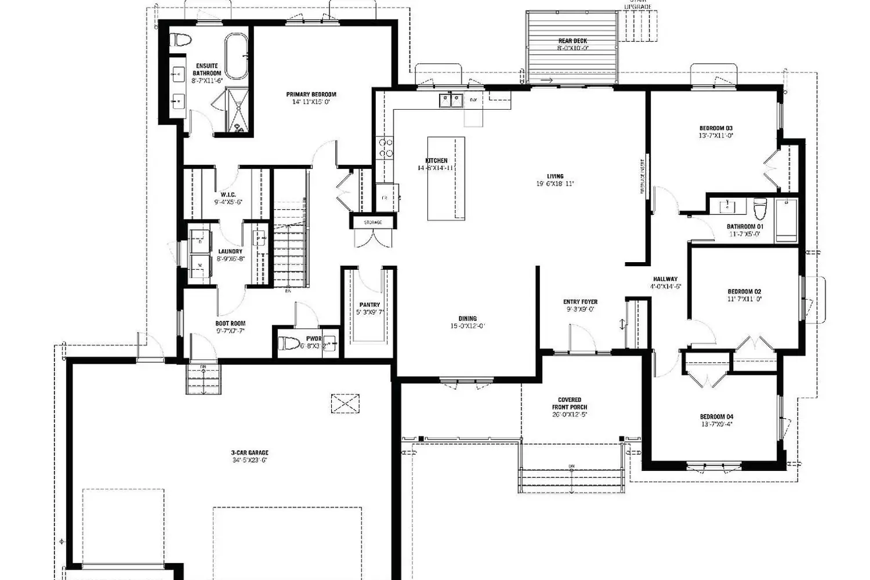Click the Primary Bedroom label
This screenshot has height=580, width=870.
pos(311,95)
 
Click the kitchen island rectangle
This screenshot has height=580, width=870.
pos(446,179)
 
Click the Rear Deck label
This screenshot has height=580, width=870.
pos(572,41)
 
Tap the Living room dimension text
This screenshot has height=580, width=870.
pos(555,184)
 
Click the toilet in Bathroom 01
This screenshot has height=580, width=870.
pos(759,207)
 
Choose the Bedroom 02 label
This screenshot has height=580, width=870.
pos(744,292)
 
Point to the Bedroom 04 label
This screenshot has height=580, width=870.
pos(716,417)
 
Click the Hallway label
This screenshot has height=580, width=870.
pos(665,279)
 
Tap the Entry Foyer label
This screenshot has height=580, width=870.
pos(580,302)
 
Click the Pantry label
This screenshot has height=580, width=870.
pos(369,305)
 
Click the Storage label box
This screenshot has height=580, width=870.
pos(373,223)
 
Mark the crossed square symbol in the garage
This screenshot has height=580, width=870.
pos(345,403)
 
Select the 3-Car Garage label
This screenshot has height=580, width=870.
pos(249,453)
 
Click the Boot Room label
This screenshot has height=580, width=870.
pos(230,324)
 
